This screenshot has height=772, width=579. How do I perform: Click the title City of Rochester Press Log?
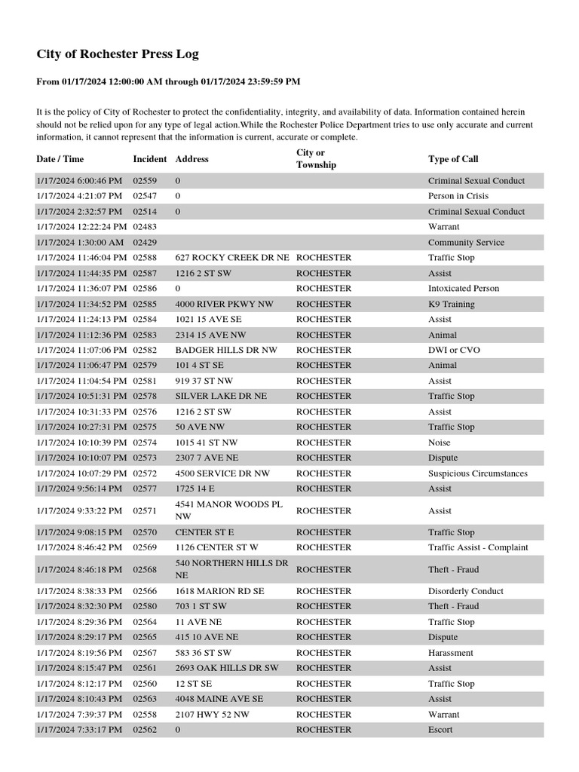coord(118,54)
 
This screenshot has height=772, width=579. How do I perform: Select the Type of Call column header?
coord(453,159)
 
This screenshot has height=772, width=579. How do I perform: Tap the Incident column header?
coord(150,159)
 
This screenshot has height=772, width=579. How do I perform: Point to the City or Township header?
coord(316,159)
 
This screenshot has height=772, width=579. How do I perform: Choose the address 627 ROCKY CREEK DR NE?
coord(232,258)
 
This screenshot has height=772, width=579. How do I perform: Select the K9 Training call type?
coord(452,305)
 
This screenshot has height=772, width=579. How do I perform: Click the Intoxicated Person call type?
coord(464,289)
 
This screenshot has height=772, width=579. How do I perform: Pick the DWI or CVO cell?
coord(454,351)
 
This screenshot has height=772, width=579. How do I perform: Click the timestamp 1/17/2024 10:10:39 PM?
coord(79,443)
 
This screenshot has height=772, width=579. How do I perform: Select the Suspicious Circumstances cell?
coord(478,473)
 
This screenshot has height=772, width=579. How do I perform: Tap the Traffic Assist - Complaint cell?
coord(478,547)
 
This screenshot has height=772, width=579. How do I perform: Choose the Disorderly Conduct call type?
coord(466,591)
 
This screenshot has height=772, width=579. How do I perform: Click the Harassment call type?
coord(451,653)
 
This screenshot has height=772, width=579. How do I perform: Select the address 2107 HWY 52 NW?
coord(213,714)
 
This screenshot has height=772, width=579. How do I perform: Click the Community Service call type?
coord(466,243)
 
